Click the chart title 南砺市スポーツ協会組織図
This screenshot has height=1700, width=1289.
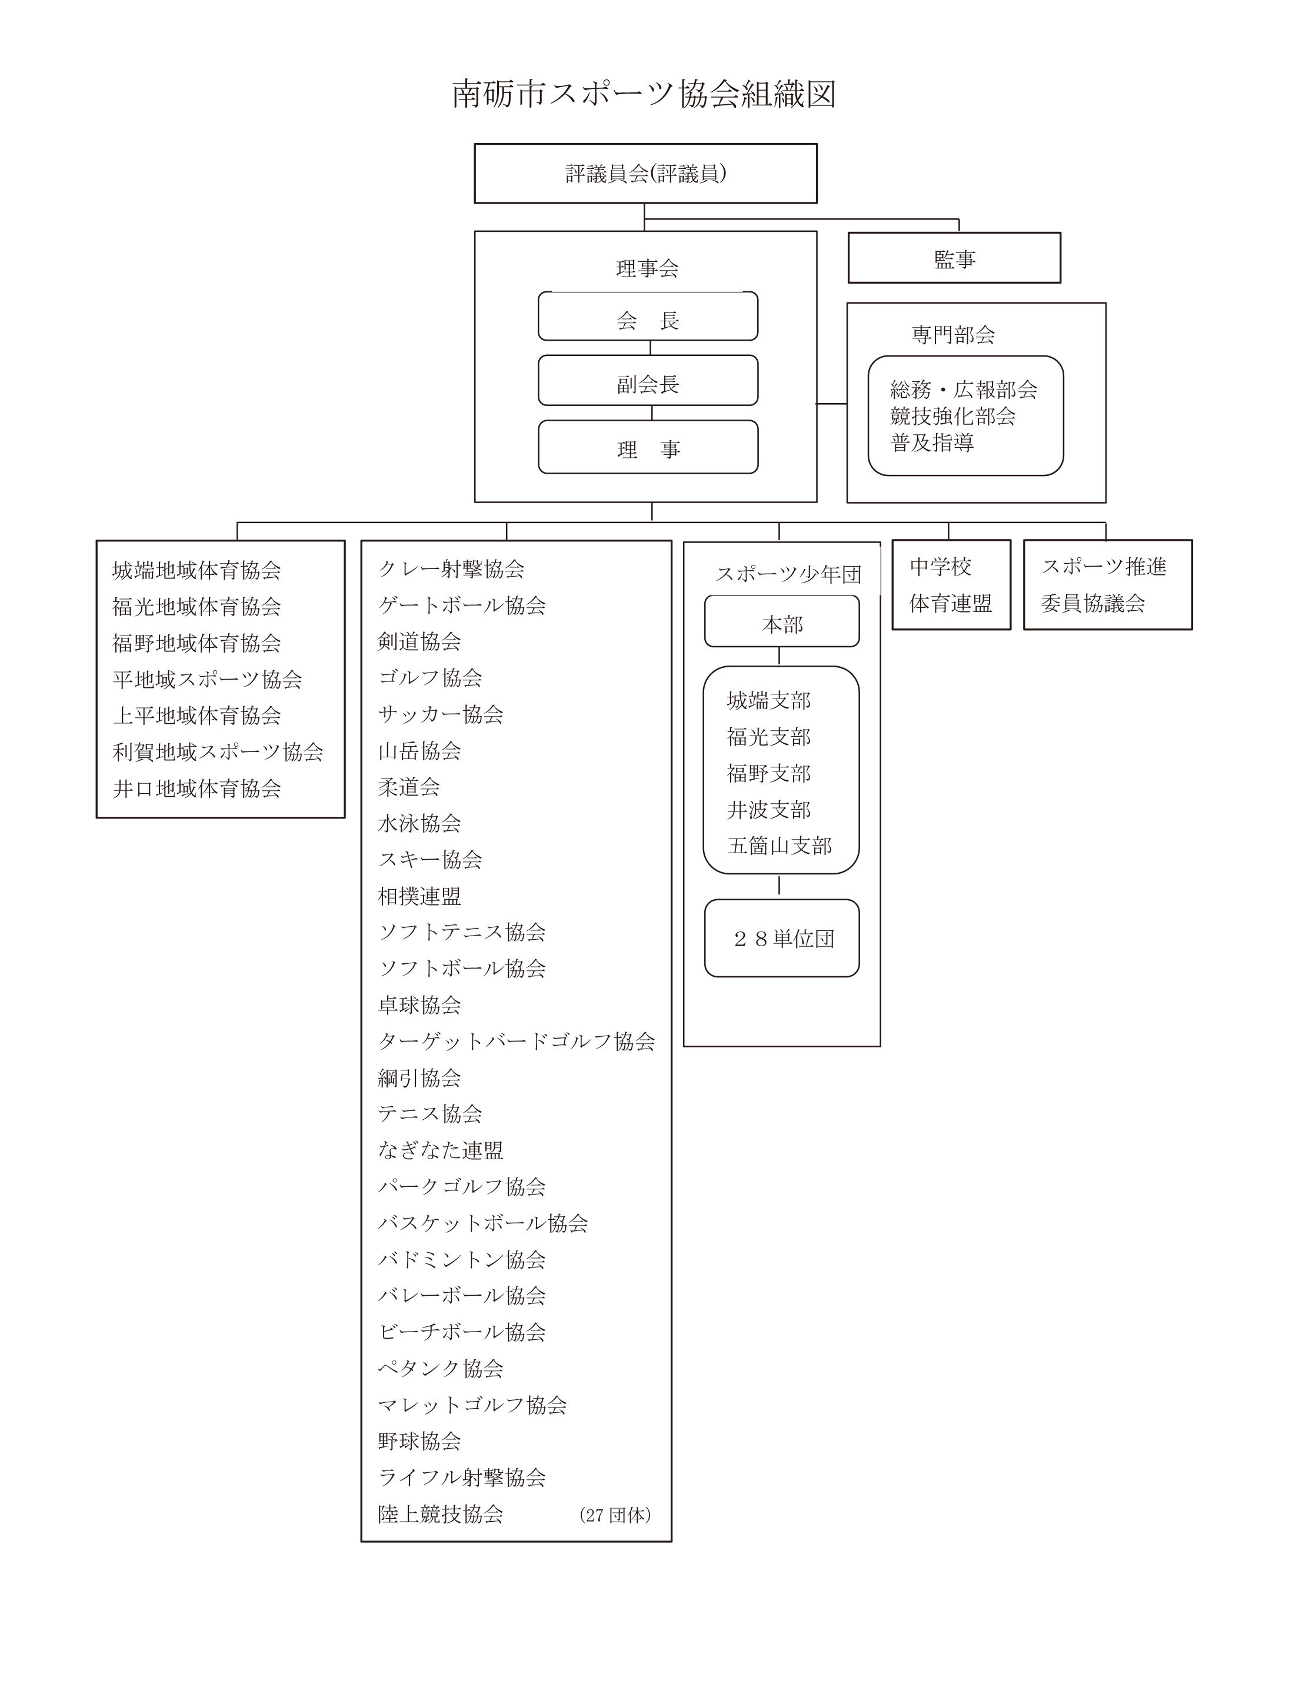tap(644, 94)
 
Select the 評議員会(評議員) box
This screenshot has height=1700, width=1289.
tap(645, 174)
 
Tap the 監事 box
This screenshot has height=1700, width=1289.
tap(954, 258)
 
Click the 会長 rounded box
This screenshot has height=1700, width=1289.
tap(648, 316)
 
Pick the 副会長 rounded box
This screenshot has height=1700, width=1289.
tap(648, 380)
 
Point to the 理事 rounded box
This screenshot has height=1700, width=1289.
tap(648, 447)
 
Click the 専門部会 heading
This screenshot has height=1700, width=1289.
tap(953, 335)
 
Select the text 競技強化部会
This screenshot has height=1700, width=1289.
tap(952, 417)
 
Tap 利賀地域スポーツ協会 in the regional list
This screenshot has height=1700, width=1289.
tap(218, 751)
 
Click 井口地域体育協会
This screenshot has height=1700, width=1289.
tap(196, 789)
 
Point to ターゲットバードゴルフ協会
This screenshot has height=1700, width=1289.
tap(516, 1042)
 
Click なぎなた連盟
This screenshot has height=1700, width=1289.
tap(440, 1150)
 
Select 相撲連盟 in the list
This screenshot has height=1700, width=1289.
tap(419, 896)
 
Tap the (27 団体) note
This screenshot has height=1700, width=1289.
tap(615, 1515)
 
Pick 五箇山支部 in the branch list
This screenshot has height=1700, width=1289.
tap(780, 846)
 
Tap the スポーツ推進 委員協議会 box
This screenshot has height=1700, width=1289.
tap(1108, 585)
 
